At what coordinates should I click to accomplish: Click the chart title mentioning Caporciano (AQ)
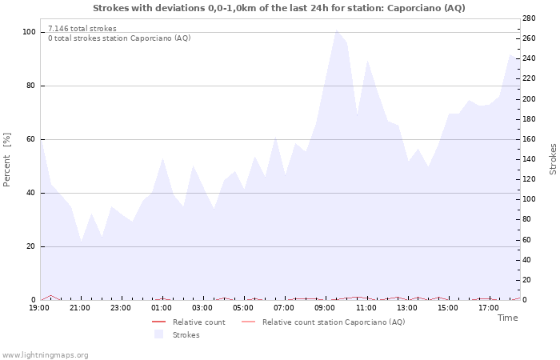pos(278,8)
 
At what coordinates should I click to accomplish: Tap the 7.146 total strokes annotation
pos(82,29)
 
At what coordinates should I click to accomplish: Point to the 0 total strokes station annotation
pos(118,38)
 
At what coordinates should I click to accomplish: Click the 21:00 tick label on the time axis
pos(80,308)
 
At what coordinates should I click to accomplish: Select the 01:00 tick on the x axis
pos(162,308)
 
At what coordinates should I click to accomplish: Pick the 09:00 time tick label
pos(325,308)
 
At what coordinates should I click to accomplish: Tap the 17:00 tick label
pos(488,308)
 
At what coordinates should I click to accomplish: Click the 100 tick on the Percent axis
pos(29,32)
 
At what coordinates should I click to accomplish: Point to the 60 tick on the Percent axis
pos(30,139)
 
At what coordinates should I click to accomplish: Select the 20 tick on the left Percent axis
pos(30,246)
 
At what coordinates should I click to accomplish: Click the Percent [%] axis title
pos(7,160)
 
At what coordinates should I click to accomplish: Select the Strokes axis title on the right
pos(553,158)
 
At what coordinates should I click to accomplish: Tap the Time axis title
pos(507,318)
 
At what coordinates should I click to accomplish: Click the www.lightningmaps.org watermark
pos(46,354)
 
